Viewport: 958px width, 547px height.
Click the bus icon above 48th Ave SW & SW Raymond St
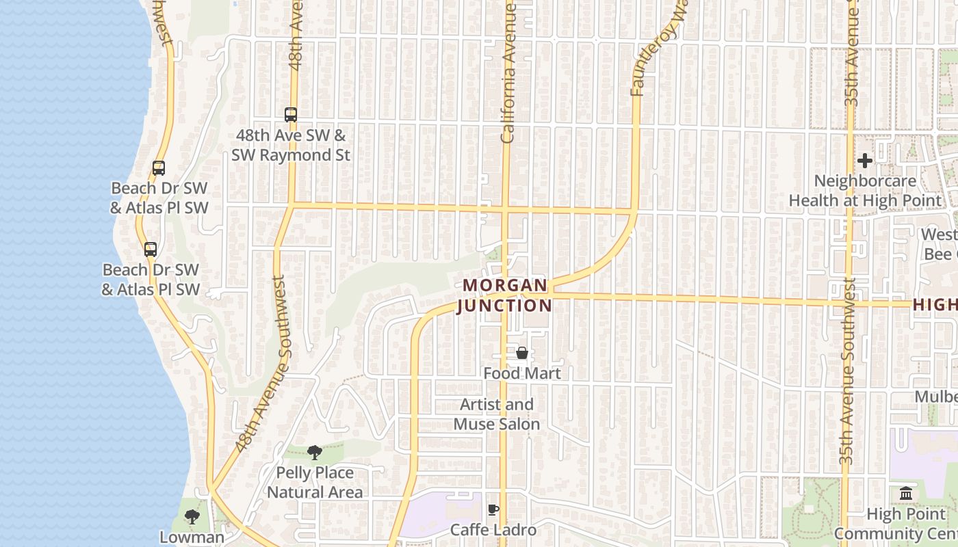pyautogui.click(x=291, y=115)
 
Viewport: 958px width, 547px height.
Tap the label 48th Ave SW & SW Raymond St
pyautogui.click(x=291, y=146)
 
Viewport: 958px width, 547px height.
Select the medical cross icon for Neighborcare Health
pyautogui.click(x=865, y=161)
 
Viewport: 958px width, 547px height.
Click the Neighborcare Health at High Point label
pyautogui.click(x=865, y=191)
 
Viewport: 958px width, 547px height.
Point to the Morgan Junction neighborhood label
pyautogui.click(x=504, y=295)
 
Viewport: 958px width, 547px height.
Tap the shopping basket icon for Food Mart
pyautogui.click(x=522, y=353)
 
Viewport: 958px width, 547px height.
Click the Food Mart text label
pyautogui.click(x=522, y=373)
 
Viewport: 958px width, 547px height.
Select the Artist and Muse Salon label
pyautogui.click(x=497, y=414)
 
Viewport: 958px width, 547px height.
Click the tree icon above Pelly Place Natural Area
pyautogui.click(x=315, y=452)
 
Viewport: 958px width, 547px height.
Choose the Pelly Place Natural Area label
pyautogui.click(x=315, y=482)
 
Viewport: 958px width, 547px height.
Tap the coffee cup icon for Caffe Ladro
pyautogui.click(x=493, y=509)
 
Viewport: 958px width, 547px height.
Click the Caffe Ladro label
pyautogui.click(x=493, y=530)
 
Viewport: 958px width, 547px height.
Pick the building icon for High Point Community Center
pyautogui.click(x=906, y=493)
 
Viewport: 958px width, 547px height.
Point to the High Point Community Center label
pyautogui.click(x=896, y=524)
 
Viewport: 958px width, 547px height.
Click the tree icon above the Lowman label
pyautogui.click(x=192, y=516)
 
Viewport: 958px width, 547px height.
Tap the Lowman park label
pyautogui.click(x=192, y=537)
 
